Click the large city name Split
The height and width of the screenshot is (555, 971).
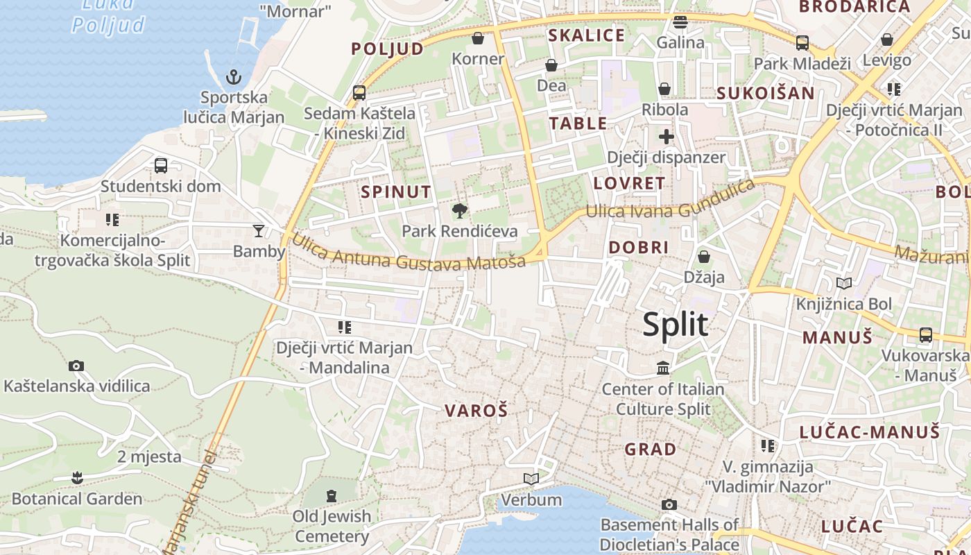click(675, 324)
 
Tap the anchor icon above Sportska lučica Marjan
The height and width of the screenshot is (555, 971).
click(234, 76)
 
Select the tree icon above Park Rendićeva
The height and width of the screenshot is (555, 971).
click(459, 210)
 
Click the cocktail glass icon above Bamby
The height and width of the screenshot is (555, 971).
click(259, 230)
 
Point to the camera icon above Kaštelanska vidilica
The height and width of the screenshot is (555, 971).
click(76, 366)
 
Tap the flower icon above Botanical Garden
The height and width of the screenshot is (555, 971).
click(77, 477)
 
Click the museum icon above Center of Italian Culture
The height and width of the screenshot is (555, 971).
click(663, 368)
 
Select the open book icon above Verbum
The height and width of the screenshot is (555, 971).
click(531, 479)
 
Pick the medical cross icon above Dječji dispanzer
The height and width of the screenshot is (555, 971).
click(666, 136)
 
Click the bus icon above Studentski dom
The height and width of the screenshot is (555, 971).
click(161, 165)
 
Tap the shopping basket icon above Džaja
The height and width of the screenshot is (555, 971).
click(704, 257)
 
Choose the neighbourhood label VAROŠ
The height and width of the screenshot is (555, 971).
click(476, 411)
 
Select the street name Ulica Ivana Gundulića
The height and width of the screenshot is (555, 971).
click(670, 202)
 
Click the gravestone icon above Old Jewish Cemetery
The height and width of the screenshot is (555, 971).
click(332, 495)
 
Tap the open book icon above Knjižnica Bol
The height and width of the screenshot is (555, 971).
click(843, 283)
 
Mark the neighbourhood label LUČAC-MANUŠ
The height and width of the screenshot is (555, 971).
click(870, 432)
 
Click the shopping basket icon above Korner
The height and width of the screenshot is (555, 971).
click(478, 37)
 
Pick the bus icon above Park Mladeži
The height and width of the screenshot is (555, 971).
click(802, 42)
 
